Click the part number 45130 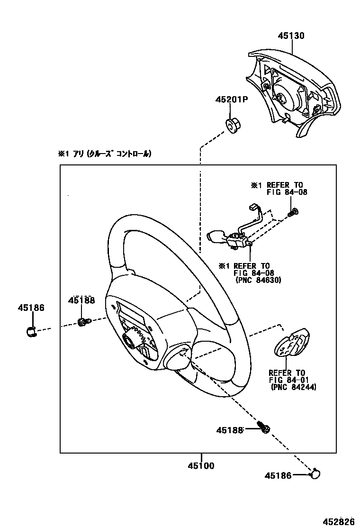click(x=291, y=36)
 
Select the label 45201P click(x=232, y=100)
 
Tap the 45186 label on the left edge click(x=32, y=308)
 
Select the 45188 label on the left click(x=81, y=300)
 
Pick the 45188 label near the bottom click(x=230, y=430)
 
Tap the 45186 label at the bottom click(x=278, y=475)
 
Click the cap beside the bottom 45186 click(x=314, y=473)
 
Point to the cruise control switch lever click(x=219, y=236)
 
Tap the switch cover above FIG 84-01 click(x=291, y=345)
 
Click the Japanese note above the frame click(x=105, y=154)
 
